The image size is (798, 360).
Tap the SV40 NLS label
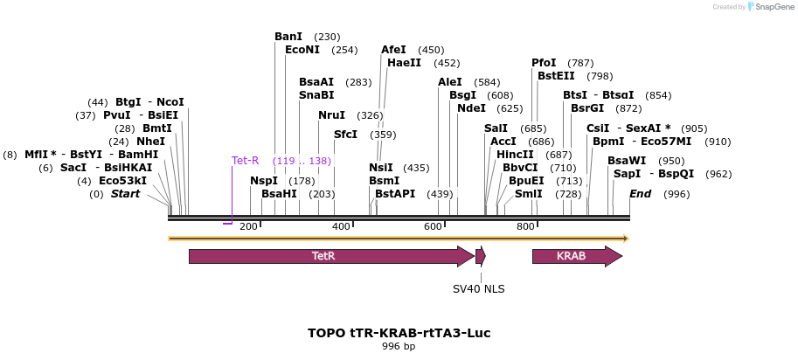pos(478,288)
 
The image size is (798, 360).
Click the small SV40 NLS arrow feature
pos(480,256)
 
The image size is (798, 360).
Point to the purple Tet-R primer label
pos(245,161)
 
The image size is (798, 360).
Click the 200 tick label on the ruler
pos(248,227)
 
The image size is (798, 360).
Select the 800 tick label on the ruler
pos(524,227)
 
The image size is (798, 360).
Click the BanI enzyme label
pos(288,37)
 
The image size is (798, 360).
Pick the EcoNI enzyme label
pos(302,50)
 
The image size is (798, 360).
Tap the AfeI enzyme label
pos(393,50)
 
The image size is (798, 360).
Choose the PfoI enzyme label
pos(544,63)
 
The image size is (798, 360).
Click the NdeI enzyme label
pos(471,108)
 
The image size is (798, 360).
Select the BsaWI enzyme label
pos(627,161)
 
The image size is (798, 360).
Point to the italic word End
pos(641,194)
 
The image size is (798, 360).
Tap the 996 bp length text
pos(399,347)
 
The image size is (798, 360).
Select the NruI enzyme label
pos(331,115)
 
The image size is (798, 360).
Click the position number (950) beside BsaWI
pos(671,161)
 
